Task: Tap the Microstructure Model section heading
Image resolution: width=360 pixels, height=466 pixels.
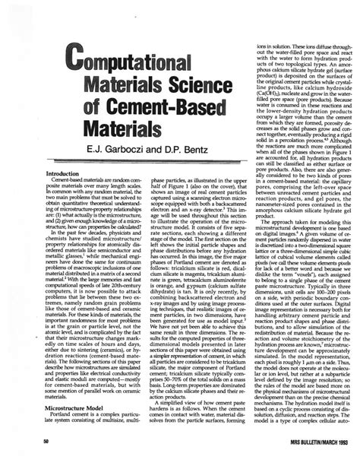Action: (x=77, y=407)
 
